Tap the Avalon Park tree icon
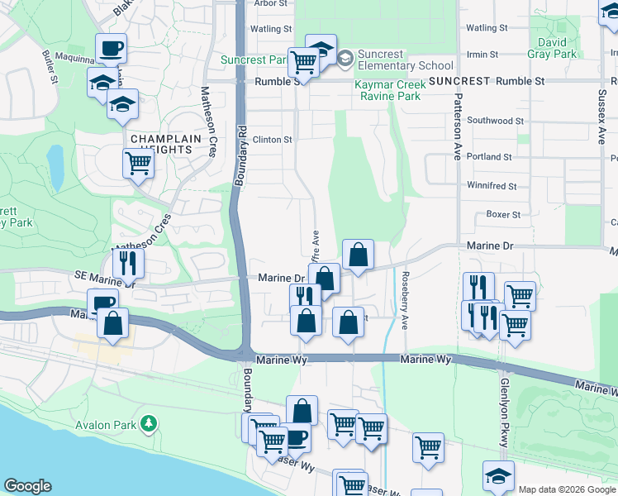pyautogui.click(x=149, y=424)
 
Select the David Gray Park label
pyautogui.click(x=553, y=48)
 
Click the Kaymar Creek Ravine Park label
pyautogui.click(x=387, y=90)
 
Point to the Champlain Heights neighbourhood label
pyautogui.click(x=161, y=144)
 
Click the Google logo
pyautogui.click(x=27, y=486)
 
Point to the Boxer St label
pyautogui.click(x=503, y=214)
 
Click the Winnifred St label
pyautogui.click(x=492, y=186)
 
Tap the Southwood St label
pyautogui.click(x=496, y=120)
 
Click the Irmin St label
pyautogui.click(x=483, y=54)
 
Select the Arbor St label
pyautogui.click(x=269, y=3)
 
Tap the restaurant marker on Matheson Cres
pyautogui.click(x=128, y=262)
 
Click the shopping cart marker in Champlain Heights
pyautogui.click(x=138, y=163)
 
